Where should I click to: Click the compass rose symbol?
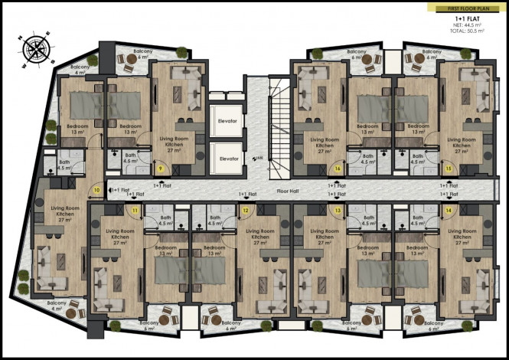click(x=34, y=48)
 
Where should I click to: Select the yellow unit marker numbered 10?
click(x=97, y=189)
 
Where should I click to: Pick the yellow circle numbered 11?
click(x=135, y=210)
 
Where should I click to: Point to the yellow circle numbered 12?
click(x=246, y=210)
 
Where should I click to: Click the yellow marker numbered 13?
click(x=337, y=210)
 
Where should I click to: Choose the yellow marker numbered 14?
click(x=448, y=210)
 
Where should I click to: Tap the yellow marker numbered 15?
click(x=449, y=169)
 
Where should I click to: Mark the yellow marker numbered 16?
click(x=338, y=169)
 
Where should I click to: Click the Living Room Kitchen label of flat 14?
click(x=462, y=235)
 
